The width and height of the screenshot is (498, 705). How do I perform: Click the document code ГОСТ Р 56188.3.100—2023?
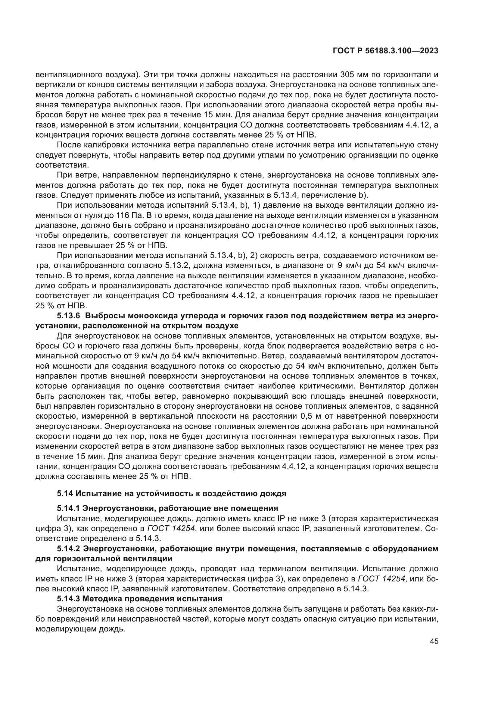point(385,51)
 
